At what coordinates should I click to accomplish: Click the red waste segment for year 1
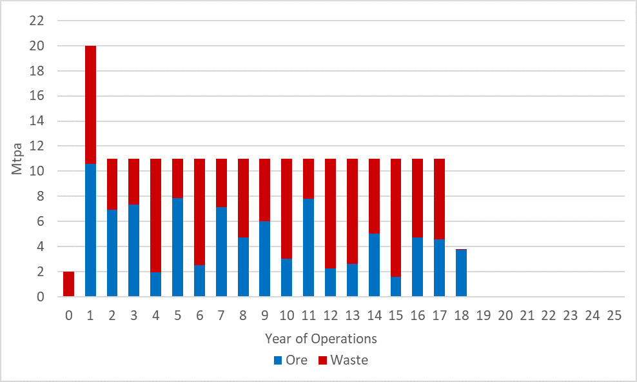pos(90,105)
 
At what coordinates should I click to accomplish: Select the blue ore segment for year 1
pos(90,230)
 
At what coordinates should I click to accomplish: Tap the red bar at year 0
pos(68,284)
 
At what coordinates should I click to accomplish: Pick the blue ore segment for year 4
pos(155,284)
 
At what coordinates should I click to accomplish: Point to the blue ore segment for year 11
pos(308,248)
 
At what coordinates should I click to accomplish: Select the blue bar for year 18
pos(460,273)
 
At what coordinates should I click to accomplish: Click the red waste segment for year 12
pos(330,213)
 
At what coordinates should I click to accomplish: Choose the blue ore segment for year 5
pos(177,248)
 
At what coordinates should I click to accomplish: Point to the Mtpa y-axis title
pos(18,159)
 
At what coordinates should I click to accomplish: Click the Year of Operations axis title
pos(320,339)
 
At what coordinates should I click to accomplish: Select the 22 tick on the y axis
pos(36,21)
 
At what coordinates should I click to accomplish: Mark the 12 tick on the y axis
pos(36,146)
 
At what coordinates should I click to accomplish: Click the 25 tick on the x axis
pos(614,316)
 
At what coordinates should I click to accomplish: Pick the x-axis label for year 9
pos(264,316)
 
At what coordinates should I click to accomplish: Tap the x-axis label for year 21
pos(527,316)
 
